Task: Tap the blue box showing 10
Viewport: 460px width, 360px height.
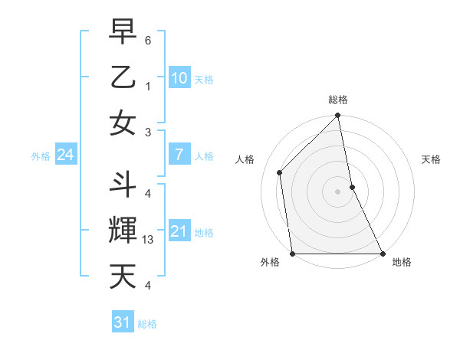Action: (x=179, y=78)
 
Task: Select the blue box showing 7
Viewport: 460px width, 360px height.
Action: (x=179, y=155)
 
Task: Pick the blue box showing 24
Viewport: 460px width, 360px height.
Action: (x=65, y=155)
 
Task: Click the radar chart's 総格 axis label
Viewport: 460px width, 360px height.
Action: (x=338, y=100)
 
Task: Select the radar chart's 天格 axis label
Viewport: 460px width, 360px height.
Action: (x=432, y=159)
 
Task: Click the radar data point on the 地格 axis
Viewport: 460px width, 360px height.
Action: (x=382, y=254)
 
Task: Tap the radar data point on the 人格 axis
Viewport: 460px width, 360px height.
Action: (x=280, y=172)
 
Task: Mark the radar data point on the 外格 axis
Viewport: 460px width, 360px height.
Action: (x=293, y=254)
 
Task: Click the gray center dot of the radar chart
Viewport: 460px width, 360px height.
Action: (x=337, y=191)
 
